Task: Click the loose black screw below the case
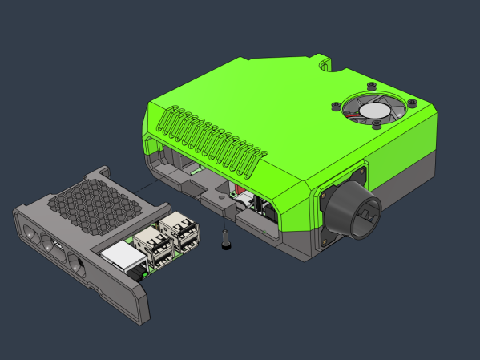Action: click(x=225, y=240)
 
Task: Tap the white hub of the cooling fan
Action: click(x=373, y=110)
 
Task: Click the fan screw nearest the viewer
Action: click(x=375, y=123)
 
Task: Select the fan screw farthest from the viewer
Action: click(x=371, y=85)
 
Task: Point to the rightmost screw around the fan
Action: click(x=412, y=103)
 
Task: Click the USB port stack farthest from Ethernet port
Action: click(x=181, y=232)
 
